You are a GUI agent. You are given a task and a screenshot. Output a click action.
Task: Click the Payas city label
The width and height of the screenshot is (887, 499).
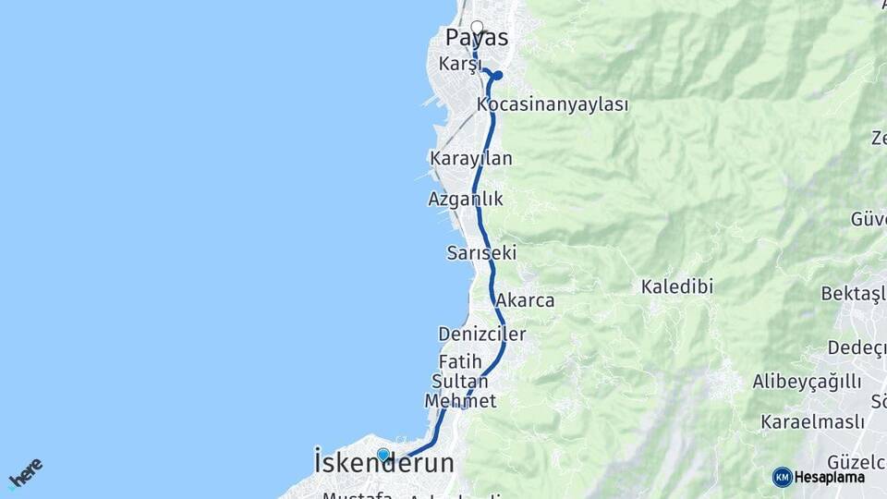click(477, 39)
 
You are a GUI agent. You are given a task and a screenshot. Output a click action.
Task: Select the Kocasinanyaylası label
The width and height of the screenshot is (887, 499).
click(553, 104)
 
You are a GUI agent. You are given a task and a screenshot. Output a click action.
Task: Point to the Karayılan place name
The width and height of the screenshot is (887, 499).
click(471, 159)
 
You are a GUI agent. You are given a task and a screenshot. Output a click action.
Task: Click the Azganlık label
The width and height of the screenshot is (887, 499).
click(466, 199)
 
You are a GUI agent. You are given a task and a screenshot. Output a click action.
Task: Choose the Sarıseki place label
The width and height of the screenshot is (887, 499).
click(480, 252)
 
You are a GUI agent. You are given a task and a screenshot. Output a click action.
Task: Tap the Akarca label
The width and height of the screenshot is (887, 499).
click(525, 300)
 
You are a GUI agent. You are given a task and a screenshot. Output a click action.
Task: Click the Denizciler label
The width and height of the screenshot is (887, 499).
click(482, 335)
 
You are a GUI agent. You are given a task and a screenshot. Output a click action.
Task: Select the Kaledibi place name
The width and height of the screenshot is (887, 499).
click(677, 287)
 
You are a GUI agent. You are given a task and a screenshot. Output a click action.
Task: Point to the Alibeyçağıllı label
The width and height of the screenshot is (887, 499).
click(807, 382)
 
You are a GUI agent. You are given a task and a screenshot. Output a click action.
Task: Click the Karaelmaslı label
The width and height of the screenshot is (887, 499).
click(813, 421)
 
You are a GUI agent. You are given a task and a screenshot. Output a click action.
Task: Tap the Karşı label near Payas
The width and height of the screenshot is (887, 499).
click(461, 64)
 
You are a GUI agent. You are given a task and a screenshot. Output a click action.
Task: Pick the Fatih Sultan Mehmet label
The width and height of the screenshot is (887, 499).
click(460, 380)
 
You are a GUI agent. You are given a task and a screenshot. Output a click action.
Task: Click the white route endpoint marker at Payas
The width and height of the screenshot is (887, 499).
click(477, 27)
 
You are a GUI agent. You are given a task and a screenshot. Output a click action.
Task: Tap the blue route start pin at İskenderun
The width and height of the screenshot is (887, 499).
click(383, 455)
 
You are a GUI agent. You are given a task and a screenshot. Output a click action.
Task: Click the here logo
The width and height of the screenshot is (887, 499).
click(26, 473)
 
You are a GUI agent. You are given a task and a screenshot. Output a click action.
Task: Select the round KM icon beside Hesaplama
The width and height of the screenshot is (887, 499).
click(782, 477)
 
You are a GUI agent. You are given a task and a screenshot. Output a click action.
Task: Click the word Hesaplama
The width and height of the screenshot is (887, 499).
click(829, 478)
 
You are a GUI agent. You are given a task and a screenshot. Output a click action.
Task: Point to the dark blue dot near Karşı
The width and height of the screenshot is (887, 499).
click(498, 76)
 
